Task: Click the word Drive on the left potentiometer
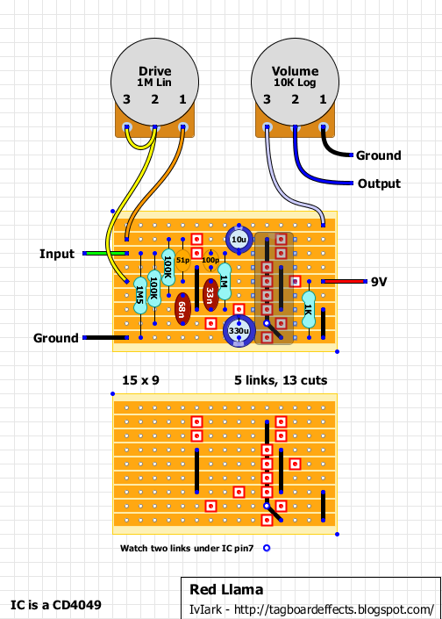pos(155,70)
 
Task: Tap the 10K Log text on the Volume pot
pos(294,82)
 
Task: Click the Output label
pos(379,184)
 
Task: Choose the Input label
pos(57,254)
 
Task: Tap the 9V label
pos(379,282)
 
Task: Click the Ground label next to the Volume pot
pos(378,155)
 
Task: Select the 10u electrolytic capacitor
pos(239,239)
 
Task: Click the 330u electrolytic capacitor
pos(239,330)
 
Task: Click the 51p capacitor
pos(182,261)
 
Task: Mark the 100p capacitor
pos(210,261)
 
